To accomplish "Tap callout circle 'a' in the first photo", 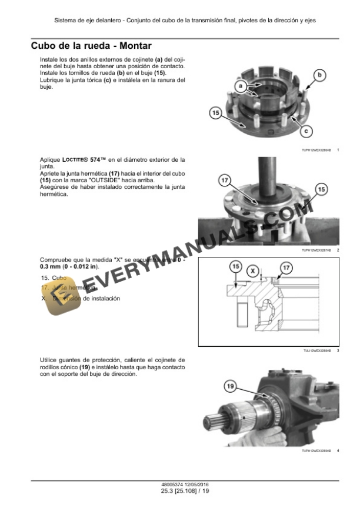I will (x=240, y=86).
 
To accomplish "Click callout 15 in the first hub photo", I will (x=215, y=112).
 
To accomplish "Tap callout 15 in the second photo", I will (x=321, y=189).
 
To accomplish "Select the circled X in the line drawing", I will (x=253, y=271).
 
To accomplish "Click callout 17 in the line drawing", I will (x=286, y=268).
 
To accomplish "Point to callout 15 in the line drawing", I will (x=235, y=268).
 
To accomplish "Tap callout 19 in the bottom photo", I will (x=230, y=386).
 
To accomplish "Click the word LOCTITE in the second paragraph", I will (x=74, y=159).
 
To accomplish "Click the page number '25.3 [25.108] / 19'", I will (x=179, y=491).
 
